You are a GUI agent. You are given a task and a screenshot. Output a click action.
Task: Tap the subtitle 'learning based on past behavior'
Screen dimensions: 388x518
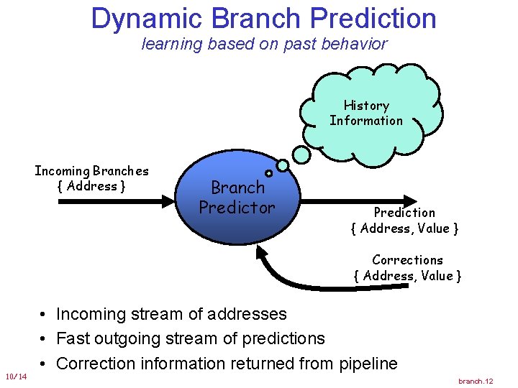(264, 44)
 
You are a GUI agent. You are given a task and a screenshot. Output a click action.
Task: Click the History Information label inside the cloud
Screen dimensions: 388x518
(366, 114)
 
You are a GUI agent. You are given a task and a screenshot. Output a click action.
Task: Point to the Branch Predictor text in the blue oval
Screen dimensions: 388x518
(237, 198)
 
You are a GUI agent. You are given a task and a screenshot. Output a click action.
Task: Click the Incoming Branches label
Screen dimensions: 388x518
(91, 171)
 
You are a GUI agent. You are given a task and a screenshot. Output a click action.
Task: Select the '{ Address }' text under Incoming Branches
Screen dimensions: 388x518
(91, 186)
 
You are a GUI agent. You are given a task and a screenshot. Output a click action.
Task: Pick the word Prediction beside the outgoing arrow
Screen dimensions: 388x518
(404, 213)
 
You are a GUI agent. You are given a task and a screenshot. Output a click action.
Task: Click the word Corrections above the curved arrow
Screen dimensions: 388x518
(407, 260)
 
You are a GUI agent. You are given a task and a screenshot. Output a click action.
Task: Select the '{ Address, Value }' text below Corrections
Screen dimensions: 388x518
(407, 276)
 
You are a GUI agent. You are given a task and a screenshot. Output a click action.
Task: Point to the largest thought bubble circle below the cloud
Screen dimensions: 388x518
(303, 154)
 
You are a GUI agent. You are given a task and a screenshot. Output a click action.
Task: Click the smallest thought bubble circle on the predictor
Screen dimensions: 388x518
(268, 173)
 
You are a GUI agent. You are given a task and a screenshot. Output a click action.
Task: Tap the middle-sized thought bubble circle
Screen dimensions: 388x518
(283, 165)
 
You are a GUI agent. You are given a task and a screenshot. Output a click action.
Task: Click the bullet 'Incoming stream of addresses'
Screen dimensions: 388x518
(171, 314)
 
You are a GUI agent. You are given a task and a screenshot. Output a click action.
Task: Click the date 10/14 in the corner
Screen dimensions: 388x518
(16, 377)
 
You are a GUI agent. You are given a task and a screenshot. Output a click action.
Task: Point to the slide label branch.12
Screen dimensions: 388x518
(476, 381)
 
